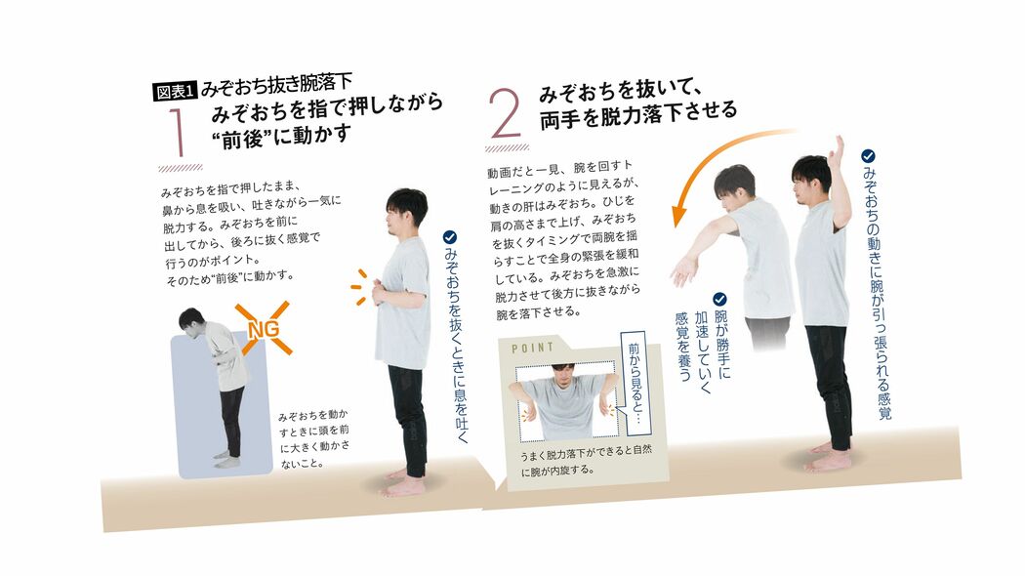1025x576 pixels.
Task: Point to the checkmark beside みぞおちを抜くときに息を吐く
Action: pyautogui.click(x=450, y=236)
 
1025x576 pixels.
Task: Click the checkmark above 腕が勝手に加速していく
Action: pyautogui.click(x=719, y=299)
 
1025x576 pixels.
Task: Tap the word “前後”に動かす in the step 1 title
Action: pyautogui.click(x=280, y=135)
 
